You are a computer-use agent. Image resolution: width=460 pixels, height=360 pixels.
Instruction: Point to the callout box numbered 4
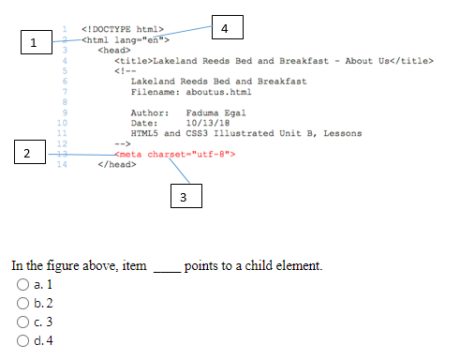point(226,28)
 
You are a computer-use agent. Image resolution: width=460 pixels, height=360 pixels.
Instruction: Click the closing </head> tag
point(116,164)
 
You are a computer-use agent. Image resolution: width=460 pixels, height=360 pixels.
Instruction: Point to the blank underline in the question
point(165,267)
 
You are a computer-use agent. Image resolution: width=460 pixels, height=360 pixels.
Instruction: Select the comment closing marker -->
point(121,143)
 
